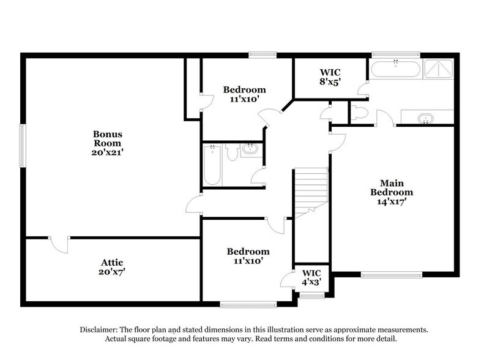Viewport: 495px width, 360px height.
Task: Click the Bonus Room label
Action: coord(108,143)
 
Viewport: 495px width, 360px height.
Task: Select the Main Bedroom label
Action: coord(392,192)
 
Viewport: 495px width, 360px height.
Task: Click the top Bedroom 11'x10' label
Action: coord(244,94)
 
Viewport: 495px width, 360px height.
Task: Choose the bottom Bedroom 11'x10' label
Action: coord(248,256)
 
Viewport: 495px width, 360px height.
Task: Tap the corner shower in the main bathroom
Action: coord(439,70)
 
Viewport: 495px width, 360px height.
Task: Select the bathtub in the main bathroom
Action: coord(395,69)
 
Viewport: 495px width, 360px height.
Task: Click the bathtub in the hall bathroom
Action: coord(212,164)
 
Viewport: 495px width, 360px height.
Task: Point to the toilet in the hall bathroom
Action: coord(232,153)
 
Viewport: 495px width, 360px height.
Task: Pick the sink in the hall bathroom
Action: coord(250,149)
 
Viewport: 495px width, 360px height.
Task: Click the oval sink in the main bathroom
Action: coord(424,118)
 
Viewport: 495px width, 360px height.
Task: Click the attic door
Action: coord(59,244)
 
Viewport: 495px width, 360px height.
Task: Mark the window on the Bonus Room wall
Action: coord(21,145)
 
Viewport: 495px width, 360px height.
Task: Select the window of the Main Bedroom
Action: coord(385,274)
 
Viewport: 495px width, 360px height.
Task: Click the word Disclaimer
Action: coord(100,329)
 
